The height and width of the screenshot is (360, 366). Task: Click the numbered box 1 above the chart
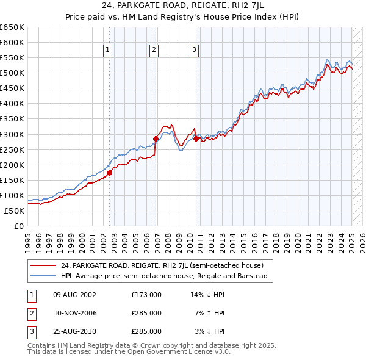pyautogui.click(x=107, y=50)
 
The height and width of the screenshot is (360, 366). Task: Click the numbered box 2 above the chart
pyautogui.click(x=154, y=50)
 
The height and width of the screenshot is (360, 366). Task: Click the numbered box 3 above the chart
pyautogui.click(x=194, y=50)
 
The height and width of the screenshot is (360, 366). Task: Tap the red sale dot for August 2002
pyautogui.click(x=110, y=173)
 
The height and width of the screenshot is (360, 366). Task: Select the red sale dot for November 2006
pyautogui.click(x=156, y=139)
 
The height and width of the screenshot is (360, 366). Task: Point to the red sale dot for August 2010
pyautogui.click(x=196, y=139)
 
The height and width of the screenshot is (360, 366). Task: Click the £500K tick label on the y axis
pyautogui.click(x=12, y=73)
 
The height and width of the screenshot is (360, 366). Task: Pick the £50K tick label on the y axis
pyautogui.click(x=15, y=211)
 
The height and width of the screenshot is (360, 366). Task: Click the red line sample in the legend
pyautogui.click(x=43, y=265)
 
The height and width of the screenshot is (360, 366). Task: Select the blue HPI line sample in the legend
pyautogui.click(x=43, y=276)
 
